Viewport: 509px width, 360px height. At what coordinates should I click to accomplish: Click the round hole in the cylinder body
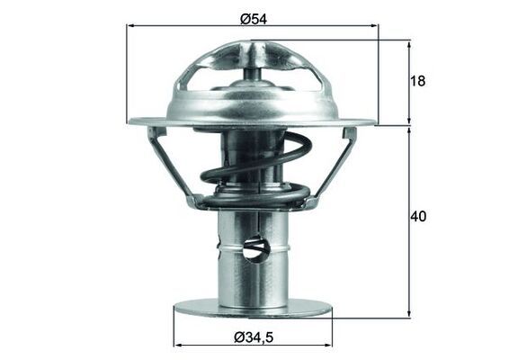tap(255, 247)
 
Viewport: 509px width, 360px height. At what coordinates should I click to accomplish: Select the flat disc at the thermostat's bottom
tap(253, 309)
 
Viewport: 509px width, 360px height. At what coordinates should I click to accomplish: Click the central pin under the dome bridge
tap(253, 68)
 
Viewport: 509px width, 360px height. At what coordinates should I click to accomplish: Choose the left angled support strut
tap(172, 166)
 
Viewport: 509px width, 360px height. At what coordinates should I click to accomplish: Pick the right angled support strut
tap(334, 166)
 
